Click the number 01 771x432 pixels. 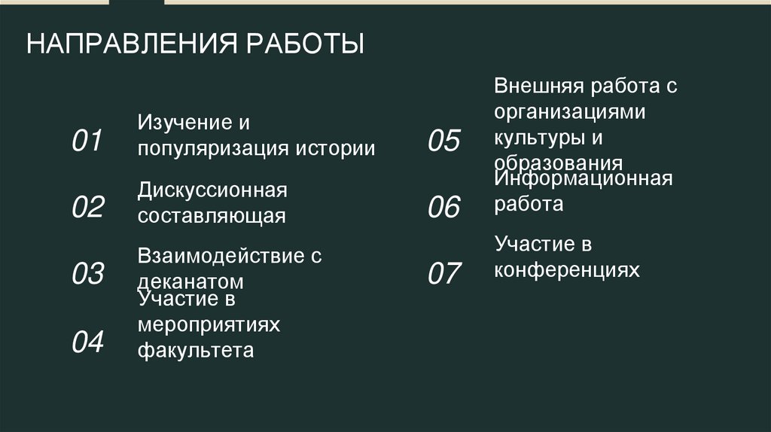pyautogui.click(x=87, y=141)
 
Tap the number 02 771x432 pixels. pyautogui.click(x=87, y=207)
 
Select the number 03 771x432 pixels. pyautogui.click(x=87, y=274)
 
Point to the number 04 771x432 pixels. pyautogui.click(x=87, y=342)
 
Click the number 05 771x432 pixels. pyautogui.click(x=443, y=141)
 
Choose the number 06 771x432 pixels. pyautogui.click(x=443, y=207)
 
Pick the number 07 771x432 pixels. pyautogui.click(x=443, y=274)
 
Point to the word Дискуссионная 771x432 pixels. pyautogui.click(x=212, y=190)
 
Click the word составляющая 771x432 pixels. pyautogui.click(x=212, y=216)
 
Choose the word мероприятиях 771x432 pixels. pyautogui.click(x=209, y=324)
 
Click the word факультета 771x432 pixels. pyautogui.click(x=196, y=350)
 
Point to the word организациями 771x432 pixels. pyautogui.click(x=570, y=113)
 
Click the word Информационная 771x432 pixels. pyautogui.click(x=584, y=179)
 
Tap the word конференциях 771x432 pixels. pyautogui.click(x=567, y=269)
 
